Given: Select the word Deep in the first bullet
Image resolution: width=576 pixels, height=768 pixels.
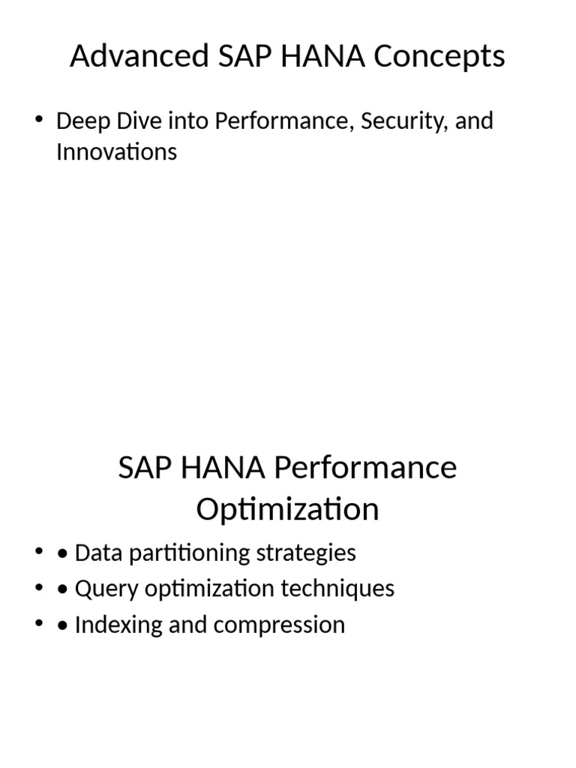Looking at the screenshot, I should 79,121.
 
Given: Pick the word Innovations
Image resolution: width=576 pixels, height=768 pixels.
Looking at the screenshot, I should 116,152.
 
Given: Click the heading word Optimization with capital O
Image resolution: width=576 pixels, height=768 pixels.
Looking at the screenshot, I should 287,510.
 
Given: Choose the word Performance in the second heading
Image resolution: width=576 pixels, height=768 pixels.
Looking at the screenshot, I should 366,468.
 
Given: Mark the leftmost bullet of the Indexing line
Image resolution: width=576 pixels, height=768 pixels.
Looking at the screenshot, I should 38,624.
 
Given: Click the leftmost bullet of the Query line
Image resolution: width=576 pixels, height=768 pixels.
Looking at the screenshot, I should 38,588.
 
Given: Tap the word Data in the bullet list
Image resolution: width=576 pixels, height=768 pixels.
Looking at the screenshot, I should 99,553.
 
